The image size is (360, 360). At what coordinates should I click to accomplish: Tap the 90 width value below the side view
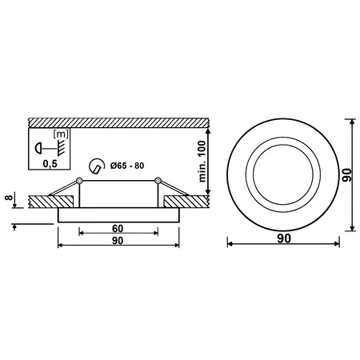click(118, 240)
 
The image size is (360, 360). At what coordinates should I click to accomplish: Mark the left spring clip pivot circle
click(81, 179)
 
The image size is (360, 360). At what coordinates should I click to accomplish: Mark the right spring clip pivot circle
click(158, 179)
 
